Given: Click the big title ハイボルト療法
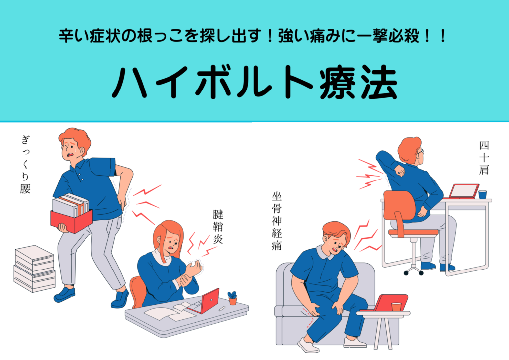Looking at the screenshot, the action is pyautogui.click(x=254, y=82).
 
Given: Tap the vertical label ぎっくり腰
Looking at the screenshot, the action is pyautogui.click(x=25, y=165).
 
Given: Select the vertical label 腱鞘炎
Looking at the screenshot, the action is pyautogui.click(x=218, y=227).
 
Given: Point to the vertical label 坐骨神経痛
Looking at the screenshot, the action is pyautogui.click(x=276, y=221).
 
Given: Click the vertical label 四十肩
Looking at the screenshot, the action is pyautogui.click(x=484, y=158).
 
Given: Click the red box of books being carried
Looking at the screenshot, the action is pyautogui.click(x=72, y=221).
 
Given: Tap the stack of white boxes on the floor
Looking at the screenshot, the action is pyautogui.click(x=34, y=269).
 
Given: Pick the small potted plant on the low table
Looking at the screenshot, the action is pyautogui.click(x=233, y=298).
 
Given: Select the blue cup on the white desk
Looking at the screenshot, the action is pyautogui.click(x=482, y=194).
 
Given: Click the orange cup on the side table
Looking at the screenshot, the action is pyautogui.click(x=396, y=307).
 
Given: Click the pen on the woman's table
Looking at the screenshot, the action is pyautogui.click(x=222, y=308).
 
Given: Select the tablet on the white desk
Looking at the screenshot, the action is pyautogui.click(x=464, y=191).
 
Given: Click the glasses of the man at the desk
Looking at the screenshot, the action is pyautogui.click(x=421, y=151).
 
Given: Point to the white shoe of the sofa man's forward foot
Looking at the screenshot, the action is pyautogui.click(x=308, y=345).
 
